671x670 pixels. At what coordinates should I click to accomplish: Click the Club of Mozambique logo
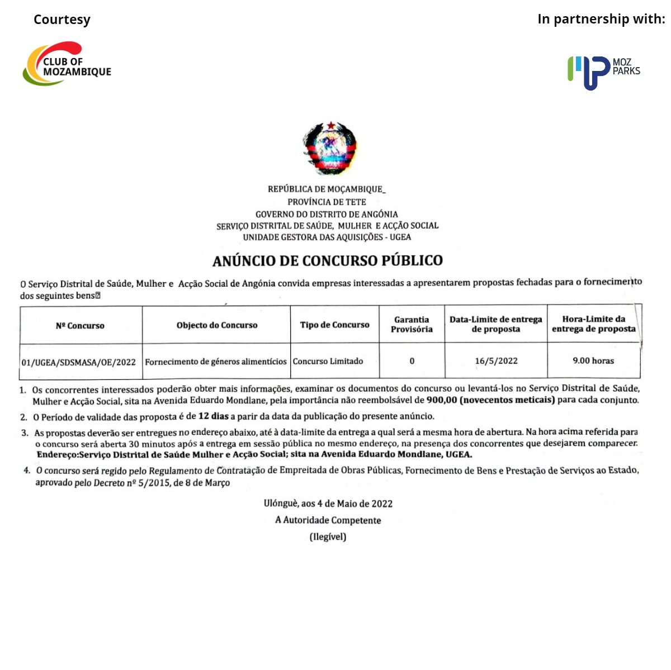[x=67, y=64]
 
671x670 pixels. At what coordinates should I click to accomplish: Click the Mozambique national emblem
[x=330, y=148]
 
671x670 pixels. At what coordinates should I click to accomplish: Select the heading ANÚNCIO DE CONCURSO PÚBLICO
[x=328, y=260]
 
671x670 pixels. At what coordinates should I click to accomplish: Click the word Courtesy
[x=62, y=20]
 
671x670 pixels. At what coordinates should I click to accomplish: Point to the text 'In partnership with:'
[x=601, y=19]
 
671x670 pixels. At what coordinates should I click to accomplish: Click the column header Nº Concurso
[x=80, y=326]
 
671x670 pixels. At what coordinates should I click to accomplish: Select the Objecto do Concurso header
[x=217, y=325]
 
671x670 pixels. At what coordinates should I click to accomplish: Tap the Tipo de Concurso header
[x=334, y=325]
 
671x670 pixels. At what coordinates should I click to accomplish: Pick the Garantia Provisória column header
[x=412, y=325]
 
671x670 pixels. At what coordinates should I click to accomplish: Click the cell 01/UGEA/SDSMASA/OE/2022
[x=79, y=362]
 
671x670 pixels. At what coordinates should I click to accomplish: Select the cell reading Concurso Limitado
[x=328, y=362]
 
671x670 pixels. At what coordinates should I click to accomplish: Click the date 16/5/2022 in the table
[x=496, y=361]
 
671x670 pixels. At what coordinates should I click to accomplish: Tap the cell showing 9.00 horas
[x=593, y=361]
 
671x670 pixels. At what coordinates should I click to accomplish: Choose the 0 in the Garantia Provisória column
[x=412, y=361]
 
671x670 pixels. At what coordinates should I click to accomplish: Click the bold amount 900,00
[x=441, y=400]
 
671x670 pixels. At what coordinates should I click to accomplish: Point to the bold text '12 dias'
[x=213, y=416]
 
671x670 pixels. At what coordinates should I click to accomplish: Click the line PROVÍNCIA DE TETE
[x=327, y=202]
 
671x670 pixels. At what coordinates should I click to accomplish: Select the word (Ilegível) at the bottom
[x=328, y=537]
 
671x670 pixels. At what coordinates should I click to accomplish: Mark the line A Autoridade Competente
[x=328, y=520]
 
